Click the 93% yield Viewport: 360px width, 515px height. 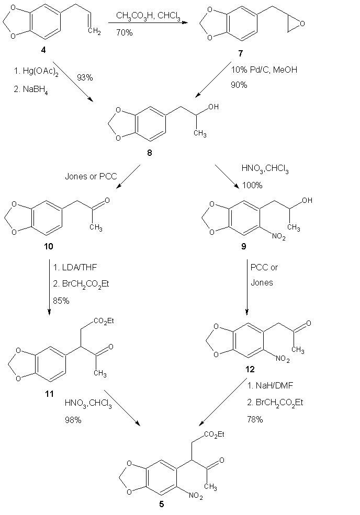[84, 77]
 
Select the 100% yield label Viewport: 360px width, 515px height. [252, 186]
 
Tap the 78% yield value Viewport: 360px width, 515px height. [255, 419]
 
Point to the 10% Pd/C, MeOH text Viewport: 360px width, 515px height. [264, 69]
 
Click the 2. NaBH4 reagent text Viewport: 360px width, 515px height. [32, 89]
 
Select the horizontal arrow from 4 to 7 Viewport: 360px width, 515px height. [149, 24]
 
